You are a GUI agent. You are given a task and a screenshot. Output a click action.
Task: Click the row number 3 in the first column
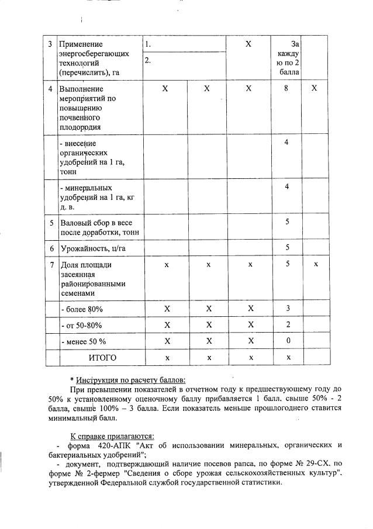[x=51, y=44]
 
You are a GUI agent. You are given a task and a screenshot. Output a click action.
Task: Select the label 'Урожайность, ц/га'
[x=94, y=248]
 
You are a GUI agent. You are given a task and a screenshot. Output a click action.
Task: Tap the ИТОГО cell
[x=102, y=358]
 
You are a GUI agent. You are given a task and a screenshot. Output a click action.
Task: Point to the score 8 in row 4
[x=286, y=88]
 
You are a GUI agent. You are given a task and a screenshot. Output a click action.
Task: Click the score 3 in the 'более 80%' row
[x=286, y=308]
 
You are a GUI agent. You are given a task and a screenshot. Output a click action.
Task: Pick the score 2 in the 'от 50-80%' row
[x=286, y=324]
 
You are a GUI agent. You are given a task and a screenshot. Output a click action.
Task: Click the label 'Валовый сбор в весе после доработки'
[x=96, y=227]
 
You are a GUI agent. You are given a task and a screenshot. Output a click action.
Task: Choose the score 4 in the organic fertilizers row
[x=286, y=143]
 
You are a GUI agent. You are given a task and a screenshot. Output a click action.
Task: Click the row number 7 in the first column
[x=51, y=265]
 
